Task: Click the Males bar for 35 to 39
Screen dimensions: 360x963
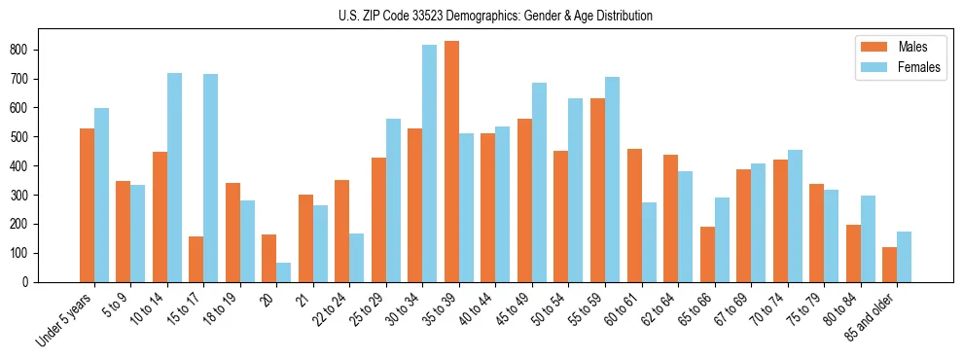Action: click(452, 162)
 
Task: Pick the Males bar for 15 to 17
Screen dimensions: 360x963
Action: click(196, 259)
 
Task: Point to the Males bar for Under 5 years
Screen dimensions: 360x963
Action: click(87, 205)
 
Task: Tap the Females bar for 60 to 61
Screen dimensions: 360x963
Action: click(649, 242)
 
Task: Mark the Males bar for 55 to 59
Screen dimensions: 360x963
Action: click(598, 190)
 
